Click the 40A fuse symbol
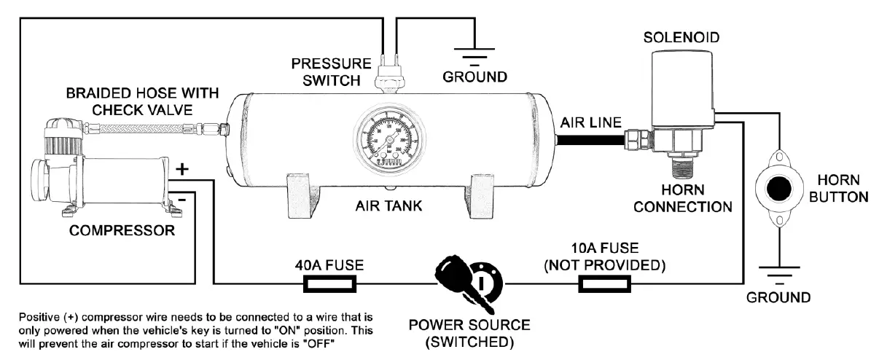tap(329, 283)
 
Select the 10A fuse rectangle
tap(604, 283)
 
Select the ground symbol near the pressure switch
tap(475, 55)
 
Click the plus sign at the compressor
tap(182, 168)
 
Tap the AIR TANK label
tap(388, 206)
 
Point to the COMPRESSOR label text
tap(122, 231)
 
